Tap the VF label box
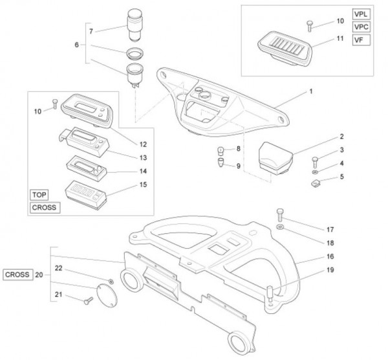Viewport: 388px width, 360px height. click(359, 40)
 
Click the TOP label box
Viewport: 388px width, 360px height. click(39, 194)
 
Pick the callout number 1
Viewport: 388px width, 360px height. click(310, 92)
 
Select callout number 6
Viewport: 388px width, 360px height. click(77, 45)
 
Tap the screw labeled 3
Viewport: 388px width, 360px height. click(315, 159)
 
